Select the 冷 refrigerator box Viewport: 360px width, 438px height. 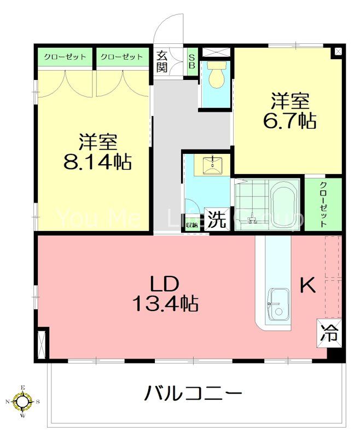pyautogui.click(x=329, y=332)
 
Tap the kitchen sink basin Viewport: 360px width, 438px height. pyautogui.click(x=278, y=303)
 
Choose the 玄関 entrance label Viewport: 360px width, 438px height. pyautogui.click(x=161, y=61)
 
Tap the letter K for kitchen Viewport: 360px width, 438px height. pyautogui.click(x=307, y=285)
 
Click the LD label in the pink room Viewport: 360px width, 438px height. pyautogui.click(x=165, y=283)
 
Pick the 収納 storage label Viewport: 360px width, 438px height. pyautogui.click(x=191, y=224)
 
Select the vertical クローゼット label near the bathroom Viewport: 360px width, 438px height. pyautogui.click(x=323, y=204)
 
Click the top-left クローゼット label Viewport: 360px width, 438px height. pyautogui.click(x=65, y=57)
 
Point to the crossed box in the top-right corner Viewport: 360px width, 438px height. pyautogui.click(x=338, y=51)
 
